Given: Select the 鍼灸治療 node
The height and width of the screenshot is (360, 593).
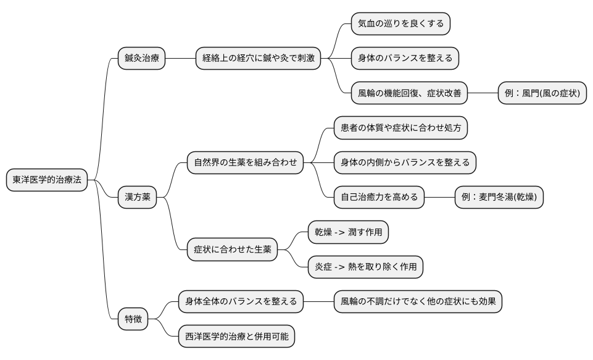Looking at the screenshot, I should coord(142,59).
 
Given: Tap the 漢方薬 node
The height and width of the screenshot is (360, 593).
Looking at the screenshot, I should coord(137,198).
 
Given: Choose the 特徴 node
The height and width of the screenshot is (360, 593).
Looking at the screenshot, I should coord(133,319).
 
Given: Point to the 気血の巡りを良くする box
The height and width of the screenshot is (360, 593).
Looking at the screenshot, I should coord(400,23).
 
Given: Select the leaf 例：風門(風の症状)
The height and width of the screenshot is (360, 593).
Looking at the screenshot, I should coord(542,94).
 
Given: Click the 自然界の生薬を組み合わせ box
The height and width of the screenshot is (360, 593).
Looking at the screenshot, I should coord(245,163).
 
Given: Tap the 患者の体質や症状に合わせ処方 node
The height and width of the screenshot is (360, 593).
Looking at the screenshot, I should coord(400,128).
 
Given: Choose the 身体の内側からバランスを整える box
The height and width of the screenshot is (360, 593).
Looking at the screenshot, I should coord(405,163).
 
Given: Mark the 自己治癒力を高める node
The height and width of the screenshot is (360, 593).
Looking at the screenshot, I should coord(379,198).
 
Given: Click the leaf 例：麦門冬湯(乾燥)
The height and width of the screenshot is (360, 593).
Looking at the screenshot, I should coord(499,198).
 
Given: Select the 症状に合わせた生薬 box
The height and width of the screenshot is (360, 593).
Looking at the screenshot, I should coord(232,250).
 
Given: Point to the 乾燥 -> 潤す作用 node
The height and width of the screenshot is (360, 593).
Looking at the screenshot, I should coord(349,233).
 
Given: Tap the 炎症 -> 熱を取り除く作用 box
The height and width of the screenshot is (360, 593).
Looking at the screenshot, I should coord(365,267).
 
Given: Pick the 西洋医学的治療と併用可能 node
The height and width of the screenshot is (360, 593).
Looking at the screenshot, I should coord(236,337).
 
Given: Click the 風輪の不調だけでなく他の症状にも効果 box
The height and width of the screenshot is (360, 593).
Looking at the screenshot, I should coord(418,302).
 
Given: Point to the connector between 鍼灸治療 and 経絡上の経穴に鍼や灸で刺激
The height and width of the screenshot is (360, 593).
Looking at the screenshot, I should coord(180,59).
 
